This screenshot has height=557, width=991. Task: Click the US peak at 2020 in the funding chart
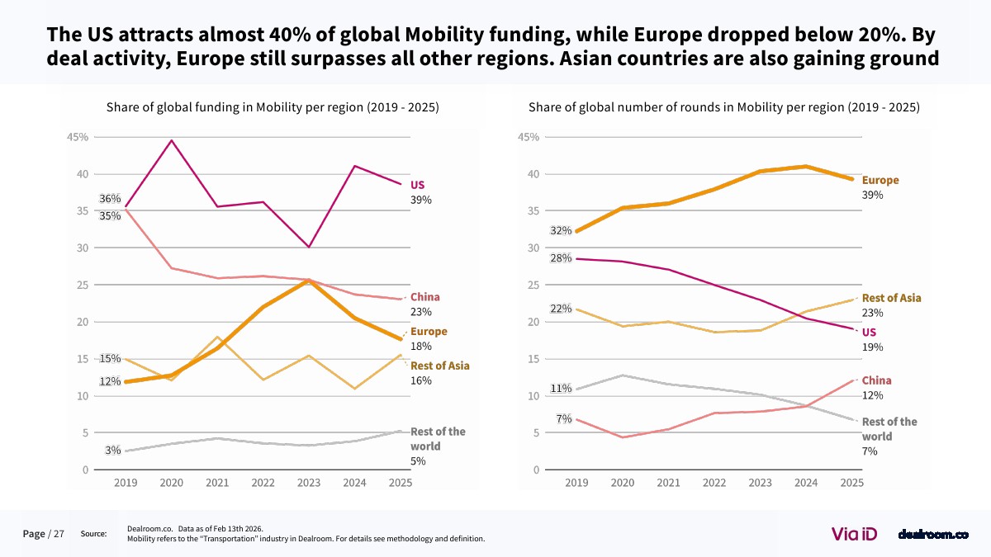[171, 141]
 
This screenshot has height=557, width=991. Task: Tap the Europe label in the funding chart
[429, 332]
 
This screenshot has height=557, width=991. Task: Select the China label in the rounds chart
[876, 380]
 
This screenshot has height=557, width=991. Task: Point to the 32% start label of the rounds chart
[561, 230]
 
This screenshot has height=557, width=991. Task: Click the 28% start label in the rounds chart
[561, 258]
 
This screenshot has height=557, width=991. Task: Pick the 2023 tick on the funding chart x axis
[308, 483]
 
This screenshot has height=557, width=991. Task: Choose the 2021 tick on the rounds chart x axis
[668, 483]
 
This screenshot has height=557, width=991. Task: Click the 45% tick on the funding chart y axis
[78, 137]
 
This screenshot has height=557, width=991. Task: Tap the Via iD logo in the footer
[854, 534]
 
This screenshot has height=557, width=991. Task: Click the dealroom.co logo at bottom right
[932, 535]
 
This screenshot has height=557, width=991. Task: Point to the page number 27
[59, 534]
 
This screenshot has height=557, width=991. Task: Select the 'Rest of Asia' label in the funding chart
[440, 366]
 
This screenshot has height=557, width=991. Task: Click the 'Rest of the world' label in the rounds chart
[889, 428]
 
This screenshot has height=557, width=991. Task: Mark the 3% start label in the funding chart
[113, 451]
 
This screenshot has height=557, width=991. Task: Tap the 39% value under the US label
[421, 200]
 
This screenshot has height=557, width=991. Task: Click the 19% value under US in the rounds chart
[872, 347]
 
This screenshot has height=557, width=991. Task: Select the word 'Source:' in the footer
[93, 534]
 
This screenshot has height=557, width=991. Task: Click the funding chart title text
[273, 107]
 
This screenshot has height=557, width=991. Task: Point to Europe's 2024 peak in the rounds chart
[805, 167]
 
